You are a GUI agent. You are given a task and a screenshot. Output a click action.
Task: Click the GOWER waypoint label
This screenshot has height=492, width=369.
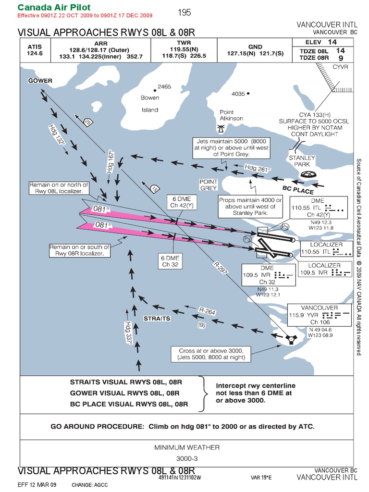point(40,81)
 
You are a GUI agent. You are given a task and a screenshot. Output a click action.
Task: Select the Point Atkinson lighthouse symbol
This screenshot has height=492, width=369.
point(221,129)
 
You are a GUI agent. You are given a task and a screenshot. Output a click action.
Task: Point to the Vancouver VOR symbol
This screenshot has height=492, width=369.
point(290,339)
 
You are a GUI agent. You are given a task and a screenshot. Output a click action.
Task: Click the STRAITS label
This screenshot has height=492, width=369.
point(157,318)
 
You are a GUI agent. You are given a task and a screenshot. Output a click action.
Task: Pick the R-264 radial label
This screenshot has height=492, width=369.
point(207,311)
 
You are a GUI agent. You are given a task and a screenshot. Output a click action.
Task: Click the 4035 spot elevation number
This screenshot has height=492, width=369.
point(238,94)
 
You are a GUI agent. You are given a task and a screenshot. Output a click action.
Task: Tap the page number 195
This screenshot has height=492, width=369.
point(184,13)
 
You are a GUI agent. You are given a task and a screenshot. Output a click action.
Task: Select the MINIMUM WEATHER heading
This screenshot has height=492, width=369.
point(187,447)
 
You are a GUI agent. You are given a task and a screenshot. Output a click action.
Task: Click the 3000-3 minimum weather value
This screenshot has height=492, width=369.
point(187,458)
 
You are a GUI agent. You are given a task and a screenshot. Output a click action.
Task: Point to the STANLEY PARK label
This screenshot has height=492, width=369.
point(302,161)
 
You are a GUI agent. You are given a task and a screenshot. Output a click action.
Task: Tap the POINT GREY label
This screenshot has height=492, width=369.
point(209,185)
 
